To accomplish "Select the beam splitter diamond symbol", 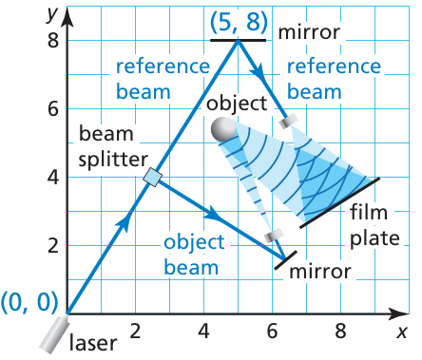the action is pos(152,178).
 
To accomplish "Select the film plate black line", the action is pos(339,202).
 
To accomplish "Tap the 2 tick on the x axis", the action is pos(135,332).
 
